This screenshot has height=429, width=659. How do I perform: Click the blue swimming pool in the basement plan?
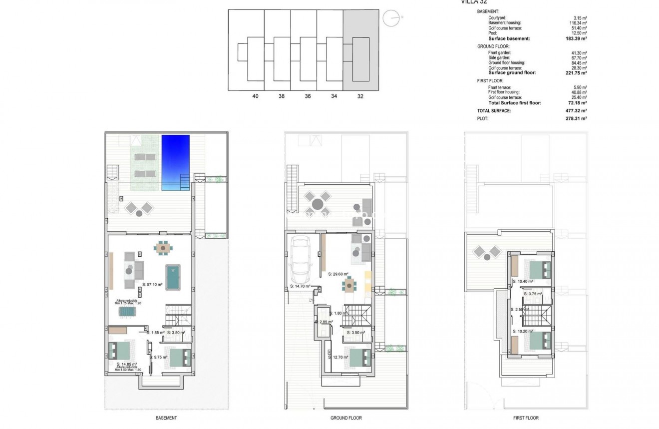coord(176,162)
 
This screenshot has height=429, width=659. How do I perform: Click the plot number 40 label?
coord(256,96)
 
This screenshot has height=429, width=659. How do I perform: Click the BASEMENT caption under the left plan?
coord(166,418)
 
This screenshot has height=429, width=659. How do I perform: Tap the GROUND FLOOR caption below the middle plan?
coord(346,418)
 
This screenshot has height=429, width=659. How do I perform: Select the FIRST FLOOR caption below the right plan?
coord(526,418)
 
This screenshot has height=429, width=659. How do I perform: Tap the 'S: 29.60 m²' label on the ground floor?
coord(338,274)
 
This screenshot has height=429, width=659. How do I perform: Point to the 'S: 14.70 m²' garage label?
coord(301,286)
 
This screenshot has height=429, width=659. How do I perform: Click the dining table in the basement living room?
coord(163,247)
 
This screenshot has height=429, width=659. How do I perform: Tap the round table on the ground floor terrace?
coord(318,204)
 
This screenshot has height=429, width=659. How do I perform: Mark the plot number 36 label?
coord(308,96)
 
